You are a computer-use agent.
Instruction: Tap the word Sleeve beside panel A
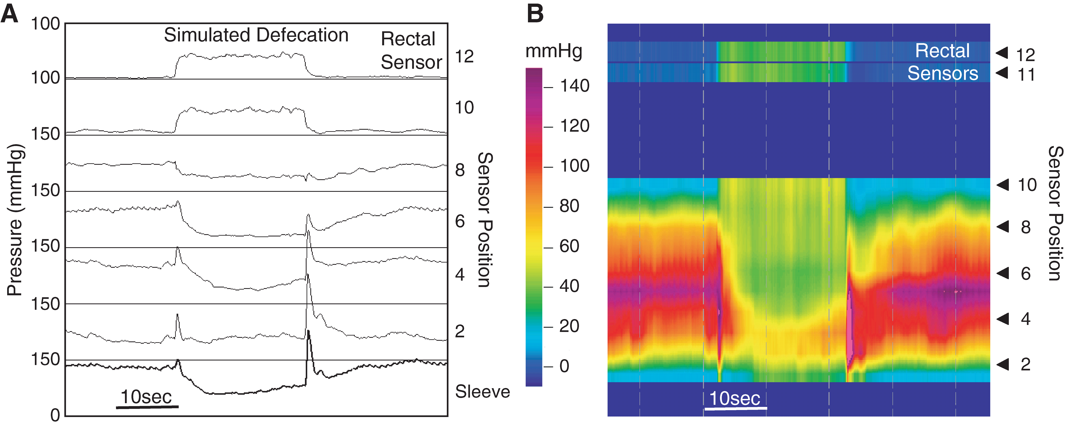(483, 391)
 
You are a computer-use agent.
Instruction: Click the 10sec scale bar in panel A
(147, 407)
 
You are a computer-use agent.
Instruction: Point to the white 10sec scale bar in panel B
(735, 408)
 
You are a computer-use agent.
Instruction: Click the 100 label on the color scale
(574, 166)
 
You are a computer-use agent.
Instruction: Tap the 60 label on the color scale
(569, 246)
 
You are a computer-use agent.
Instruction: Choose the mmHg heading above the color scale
(554, 51)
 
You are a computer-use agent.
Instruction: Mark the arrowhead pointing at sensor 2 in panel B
(1003, 364)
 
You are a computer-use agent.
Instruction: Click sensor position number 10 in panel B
(1027, 185)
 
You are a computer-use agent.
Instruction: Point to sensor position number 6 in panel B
(1025, 274)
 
